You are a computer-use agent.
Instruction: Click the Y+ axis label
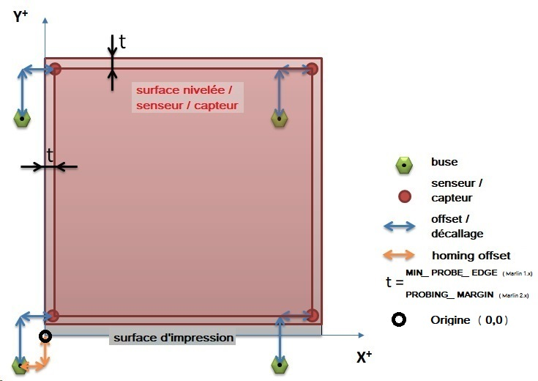pos(20,16)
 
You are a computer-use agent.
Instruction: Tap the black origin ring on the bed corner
pos(45,336)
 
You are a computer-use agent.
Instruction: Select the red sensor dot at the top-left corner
pos(56,69)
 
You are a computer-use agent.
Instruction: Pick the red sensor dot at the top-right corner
pos(313,69)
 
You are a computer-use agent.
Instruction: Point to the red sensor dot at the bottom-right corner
pos(313,315)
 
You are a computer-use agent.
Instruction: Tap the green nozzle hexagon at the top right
pos(279,118)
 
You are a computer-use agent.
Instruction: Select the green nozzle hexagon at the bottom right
pos(279,364)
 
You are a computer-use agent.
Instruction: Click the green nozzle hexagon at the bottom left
pos(20,364)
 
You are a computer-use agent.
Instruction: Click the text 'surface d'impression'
pos(173,338)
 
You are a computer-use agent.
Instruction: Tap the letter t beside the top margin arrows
pos(122,42)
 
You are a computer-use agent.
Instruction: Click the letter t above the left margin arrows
pos(50,155)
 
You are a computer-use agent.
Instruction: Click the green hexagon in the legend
pos(404,166)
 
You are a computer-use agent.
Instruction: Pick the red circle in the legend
pos(404,196)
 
